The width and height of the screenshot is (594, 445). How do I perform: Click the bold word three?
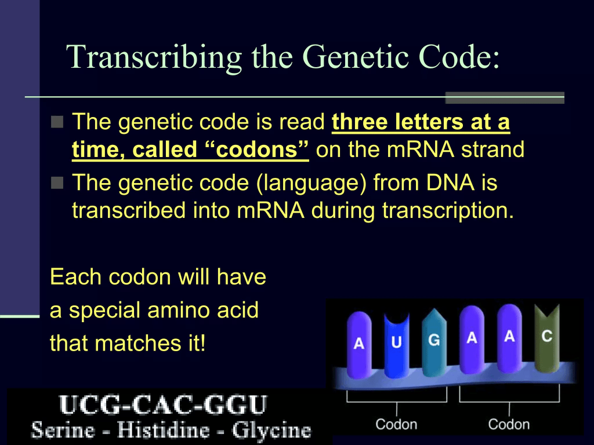point(360,122)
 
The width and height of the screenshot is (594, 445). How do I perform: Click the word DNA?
point(450,183)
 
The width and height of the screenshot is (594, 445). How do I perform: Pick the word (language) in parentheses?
point(312,184)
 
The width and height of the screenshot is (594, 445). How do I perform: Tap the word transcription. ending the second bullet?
point(448,210)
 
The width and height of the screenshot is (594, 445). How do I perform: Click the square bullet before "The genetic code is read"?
point(57,122)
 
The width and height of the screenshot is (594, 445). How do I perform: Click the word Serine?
point(63,431)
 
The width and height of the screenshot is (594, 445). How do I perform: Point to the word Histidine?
point(163,431)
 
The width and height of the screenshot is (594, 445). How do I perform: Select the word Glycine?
point(271,431)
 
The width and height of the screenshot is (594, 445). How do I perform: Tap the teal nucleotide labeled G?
point(434,342)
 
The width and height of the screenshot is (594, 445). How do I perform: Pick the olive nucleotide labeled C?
point(546,338)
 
